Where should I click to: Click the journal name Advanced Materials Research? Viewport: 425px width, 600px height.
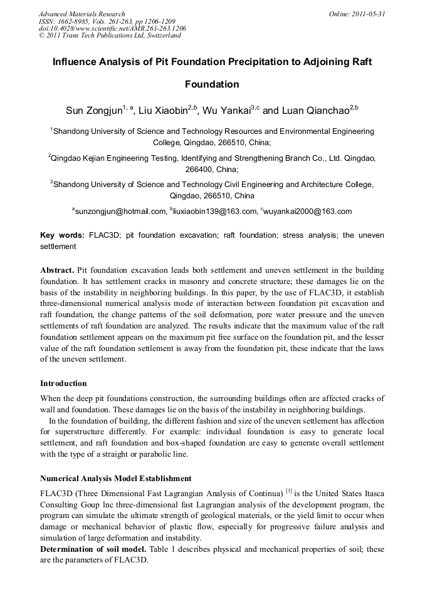click(81, 14)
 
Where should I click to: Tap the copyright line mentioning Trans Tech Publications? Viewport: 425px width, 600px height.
click(110, 36)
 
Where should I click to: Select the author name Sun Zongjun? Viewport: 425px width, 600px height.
click(93, 111)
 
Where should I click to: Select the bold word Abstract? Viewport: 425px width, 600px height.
click(58, 270)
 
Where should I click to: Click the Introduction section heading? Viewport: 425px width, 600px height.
click(63, 383)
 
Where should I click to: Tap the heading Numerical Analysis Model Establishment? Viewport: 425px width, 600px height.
click(115, 479)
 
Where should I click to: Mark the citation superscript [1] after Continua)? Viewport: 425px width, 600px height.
click(289, 491)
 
